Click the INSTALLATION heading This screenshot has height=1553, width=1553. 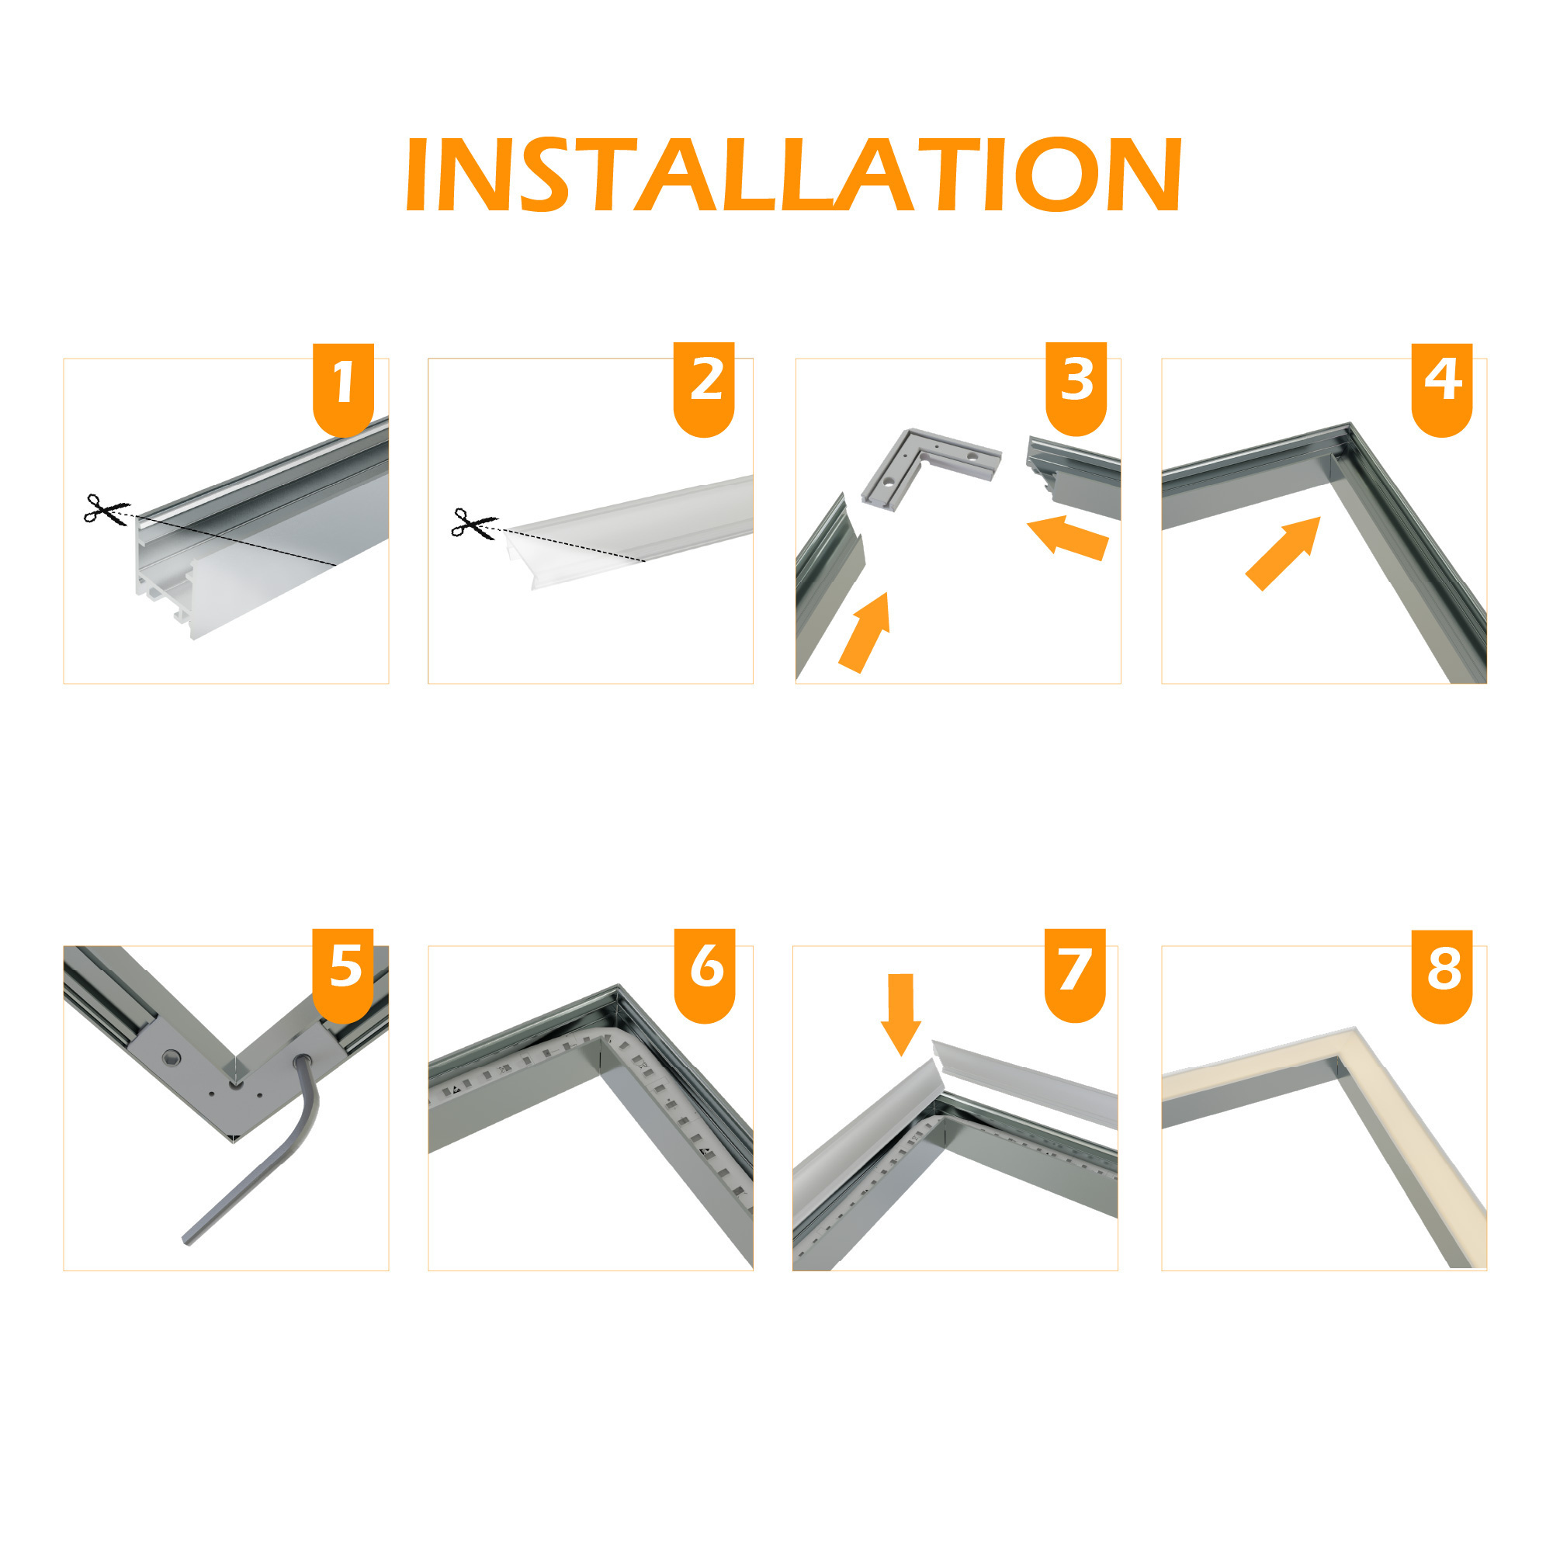pyautogui.click(x=793, y=175)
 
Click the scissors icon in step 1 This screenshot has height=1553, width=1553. pyautogui.click(x=105, y=510)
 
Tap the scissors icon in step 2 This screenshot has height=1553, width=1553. pyautogui.click(x=473, y=523)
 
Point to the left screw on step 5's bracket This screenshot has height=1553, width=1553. pyautogui.click(x=171, y=1058)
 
